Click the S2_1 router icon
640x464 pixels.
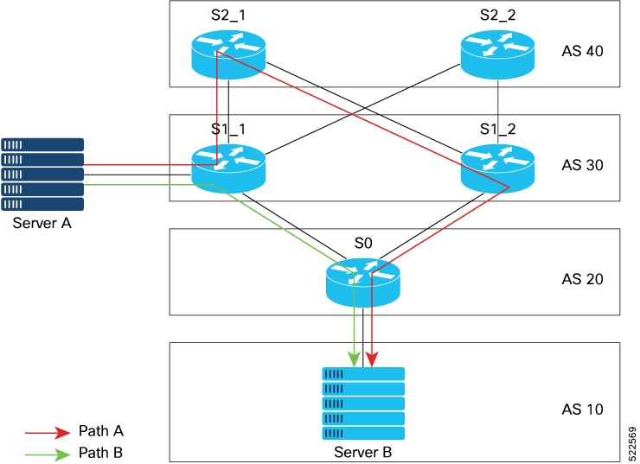tap(228, 53)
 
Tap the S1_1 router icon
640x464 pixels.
tap(228, 166)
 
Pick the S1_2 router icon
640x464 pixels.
tap(497, 166)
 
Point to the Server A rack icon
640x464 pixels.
tap(42, 175)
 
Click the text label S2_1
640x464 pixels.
tap(228, 16)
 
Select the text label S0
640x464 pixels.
tap(363, 244)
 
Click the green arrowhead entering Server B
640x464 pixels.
tap(354, 358)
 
